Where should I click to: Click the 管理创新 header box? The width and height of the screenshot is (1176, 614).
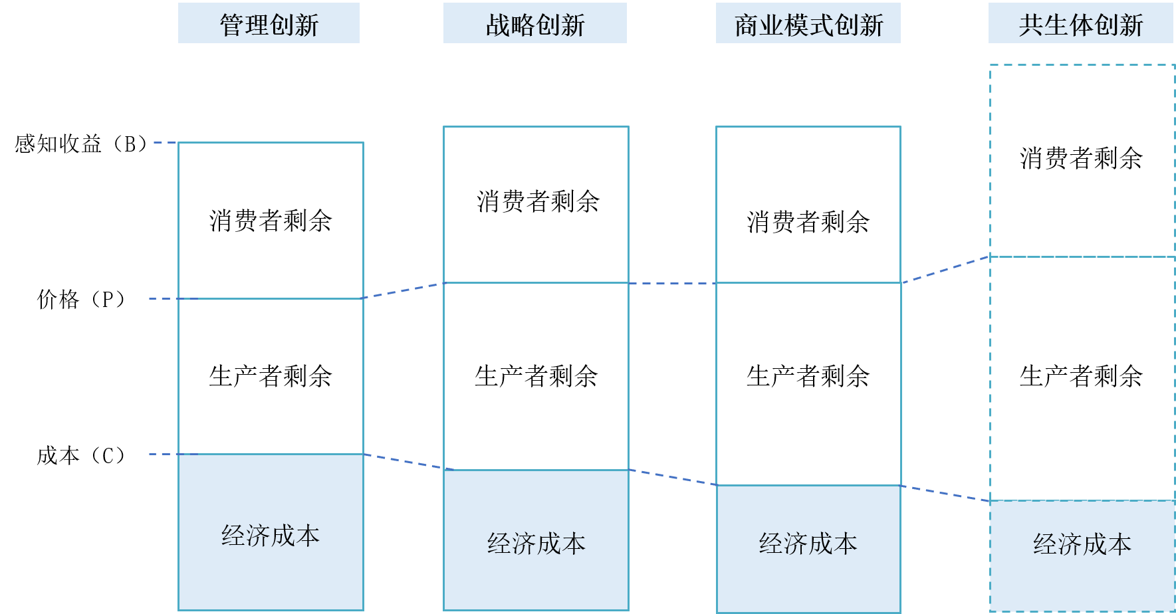tap(269, 24)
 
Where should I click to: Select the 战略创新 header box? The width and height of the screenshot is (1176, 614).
tap(535, 24)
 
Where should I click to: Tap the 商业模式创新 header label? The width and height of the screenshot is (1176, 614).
tap(808, 24)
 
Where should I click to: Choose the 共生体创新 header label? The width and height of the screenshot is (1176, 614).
tap(1081, 24)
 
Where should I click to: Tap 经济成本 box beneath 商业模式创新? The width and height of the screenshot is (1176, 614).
tap(808, 548)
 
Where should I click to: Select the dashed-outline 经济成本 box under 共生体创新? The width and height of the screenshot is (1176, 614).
tap(1082, 556)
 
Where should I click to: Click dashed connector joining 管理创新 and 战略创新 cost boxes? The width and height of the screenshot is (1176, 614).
tap(404, 462)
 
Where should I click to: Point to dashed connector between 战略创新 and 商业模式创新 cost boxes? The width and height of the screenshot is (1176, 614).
tap(672, 477)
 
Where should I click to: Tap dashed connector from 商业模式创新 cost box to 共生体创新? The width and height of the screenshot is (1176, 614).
tap(945, 493)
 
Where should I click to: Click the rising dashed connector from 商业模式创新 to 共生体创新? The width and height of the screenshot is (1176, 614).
tap(945, 270)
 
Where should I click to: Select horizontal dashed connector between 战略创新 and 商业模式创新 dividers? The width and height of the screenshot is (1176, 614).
tap(672, 284)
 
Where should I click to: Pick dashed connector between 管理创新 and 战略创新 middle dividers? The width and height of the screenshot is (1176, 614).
tap(404, 291)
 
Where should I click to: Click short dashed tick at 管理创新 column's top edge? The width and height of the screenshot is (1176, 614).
tap(166, 142)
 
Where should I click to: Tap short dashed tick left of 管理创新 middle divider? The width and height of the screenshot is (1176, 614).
tap(164, 299)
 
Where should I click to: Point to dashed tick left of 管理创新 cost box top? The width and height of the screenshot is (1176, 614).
tap(164, 455)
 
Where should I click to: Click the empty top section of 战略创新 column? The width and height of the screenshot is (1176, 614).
tap(536, 205)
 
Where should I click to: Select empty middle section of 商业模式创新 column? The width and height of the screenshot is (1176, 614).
tap(808, 383)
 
